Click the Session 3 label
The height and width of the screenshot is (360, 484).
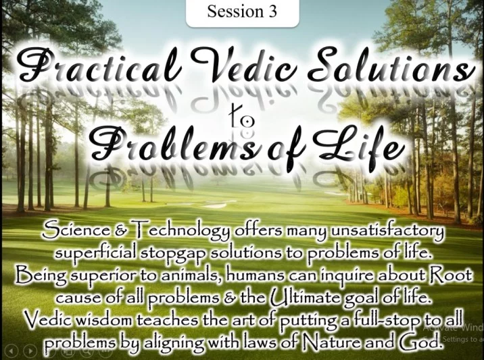[242, 11]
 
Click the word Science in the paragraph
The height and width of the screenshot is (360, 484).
[76, 230]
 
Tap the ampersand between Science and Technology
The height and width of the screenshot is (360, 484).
[120, 231]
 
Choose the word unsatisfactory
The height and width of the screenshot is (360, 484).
[387, 232]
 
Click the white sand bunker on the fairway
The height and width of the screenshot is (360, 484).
[215, 205]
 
